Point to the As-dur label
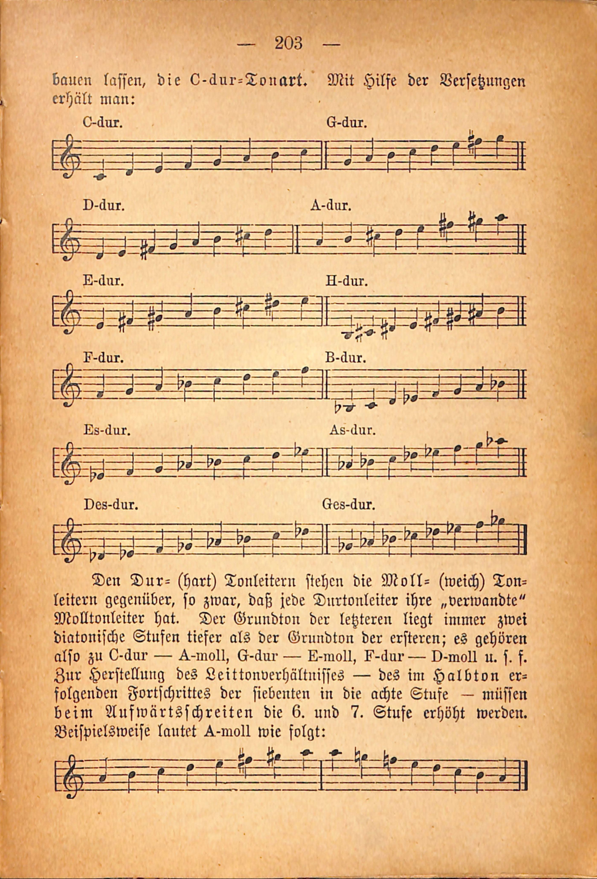click(x=352, y=430)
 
